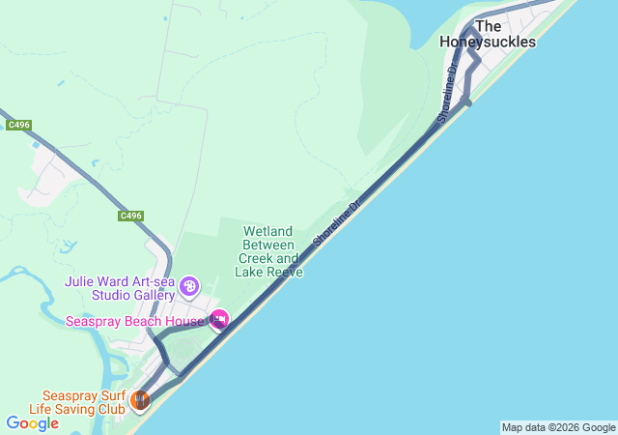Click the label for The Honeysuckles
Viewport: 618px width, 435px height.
point(488,34)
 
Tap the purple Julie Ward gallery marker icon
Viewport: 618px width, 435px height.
point(189,286)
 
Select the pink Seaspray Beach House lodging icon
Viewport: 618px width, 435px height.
point(220,319)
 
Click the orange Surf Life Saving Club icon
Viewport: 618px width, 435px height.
point(140,397)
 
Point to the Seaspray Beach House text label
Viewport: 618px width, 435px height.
point(134,321)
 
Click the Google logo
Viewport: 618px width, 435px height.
point(32,423)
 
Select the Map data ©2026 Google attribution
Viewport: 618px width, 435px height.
point(558,427)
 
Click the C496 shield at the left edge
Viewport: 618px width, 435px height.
point(17,125)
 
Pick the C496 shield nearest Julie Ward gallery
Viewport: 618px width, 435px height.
point(131,216)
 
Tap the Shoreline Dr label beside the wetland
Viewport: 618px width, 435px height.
point(335,224)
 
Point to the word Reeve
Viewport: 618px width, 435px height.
point(286,273)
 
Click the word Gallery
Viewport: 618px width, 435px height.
point(152,295)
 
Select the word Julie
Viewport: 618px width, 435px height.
point(81,281)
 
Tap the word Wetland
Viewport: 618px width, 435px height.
point(267,232)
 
